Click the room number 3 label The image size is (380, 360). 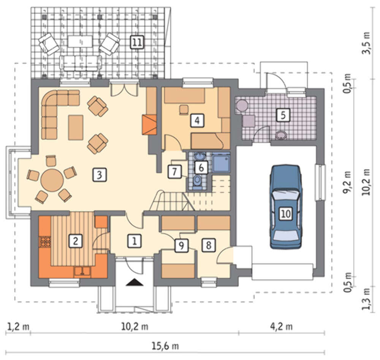[99, 175]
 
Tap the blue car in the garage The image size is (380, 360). [286, 207]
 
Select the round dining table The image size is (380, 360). [52, 180]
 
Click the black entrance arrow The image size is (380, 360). [135, 283]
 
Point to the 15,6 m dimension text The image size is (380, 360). [165, 346]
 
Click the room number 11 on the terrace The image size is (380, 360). [137, 43]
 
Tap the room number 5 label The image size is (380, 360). [283, 115]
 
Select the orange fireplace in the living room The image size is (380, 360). [149, 125]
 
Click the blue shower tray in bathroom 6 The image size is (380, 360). [221, 163]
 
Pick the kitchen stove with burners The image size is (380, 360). [45, 242]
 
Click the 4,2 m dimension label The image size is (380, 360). [281, 327]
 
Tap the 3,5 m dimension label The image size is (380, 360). [367, 43]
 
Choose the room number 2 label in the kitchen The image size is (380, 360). [76, 241]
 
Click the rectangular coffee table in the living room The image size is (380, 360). [76, 128]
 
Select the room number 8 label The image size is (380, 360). [209, 245]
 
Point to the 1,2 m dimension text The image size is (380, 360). [18, 327]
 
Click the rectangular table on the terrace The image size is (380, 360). [80, 41]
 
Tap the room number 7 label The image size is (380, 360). [174, 172]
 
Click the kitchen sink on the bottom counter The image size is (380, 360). [82, 272]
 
